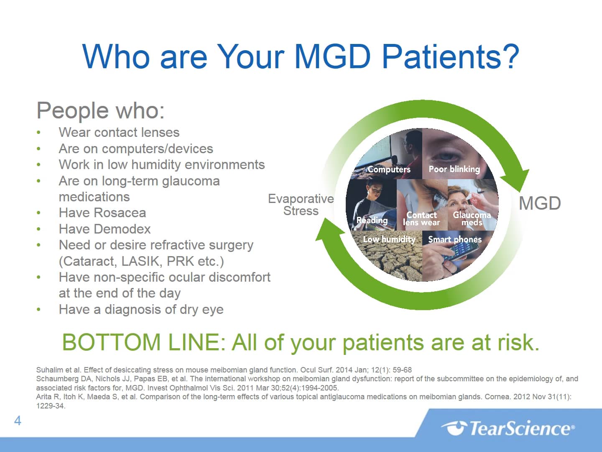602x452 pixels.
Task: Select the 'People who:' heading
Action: (101, 110)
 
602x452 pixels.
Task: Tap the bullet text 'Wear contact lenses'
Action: (119, 132)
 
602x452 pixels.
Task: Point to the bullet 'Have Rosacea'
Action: (102, 213)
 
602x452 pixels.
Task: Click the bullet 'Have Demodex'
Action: (105, 229)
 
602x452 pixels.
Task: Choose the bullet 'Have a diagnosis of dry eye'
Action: (141, 309)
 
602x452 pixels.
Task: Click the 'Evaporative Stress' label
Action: (301, 205)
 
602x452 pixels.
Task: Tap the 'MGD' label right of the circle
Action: (539, 203)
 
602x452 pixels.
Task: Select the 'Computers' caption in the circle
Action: (389, 169)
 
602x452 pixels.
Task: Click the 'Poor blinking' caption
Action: (454, 169)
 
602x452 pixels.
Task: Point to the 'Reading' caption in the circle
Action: (372, 220)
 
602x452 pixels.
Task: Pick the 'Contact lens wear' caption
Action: (421, 218)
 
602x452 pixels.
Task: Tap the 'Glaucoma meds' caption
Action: (472, 218)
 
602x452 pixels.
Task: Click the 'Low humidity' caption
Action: (389, 239)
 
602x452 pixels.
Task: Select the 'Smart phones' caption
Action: (454, 239)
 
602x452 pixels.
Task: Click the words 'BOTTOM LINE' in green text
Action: (140, 342)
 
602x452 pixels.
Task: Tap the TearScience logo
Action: (508, 428)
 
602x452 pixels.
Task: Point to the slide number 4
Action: (18, 421)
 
